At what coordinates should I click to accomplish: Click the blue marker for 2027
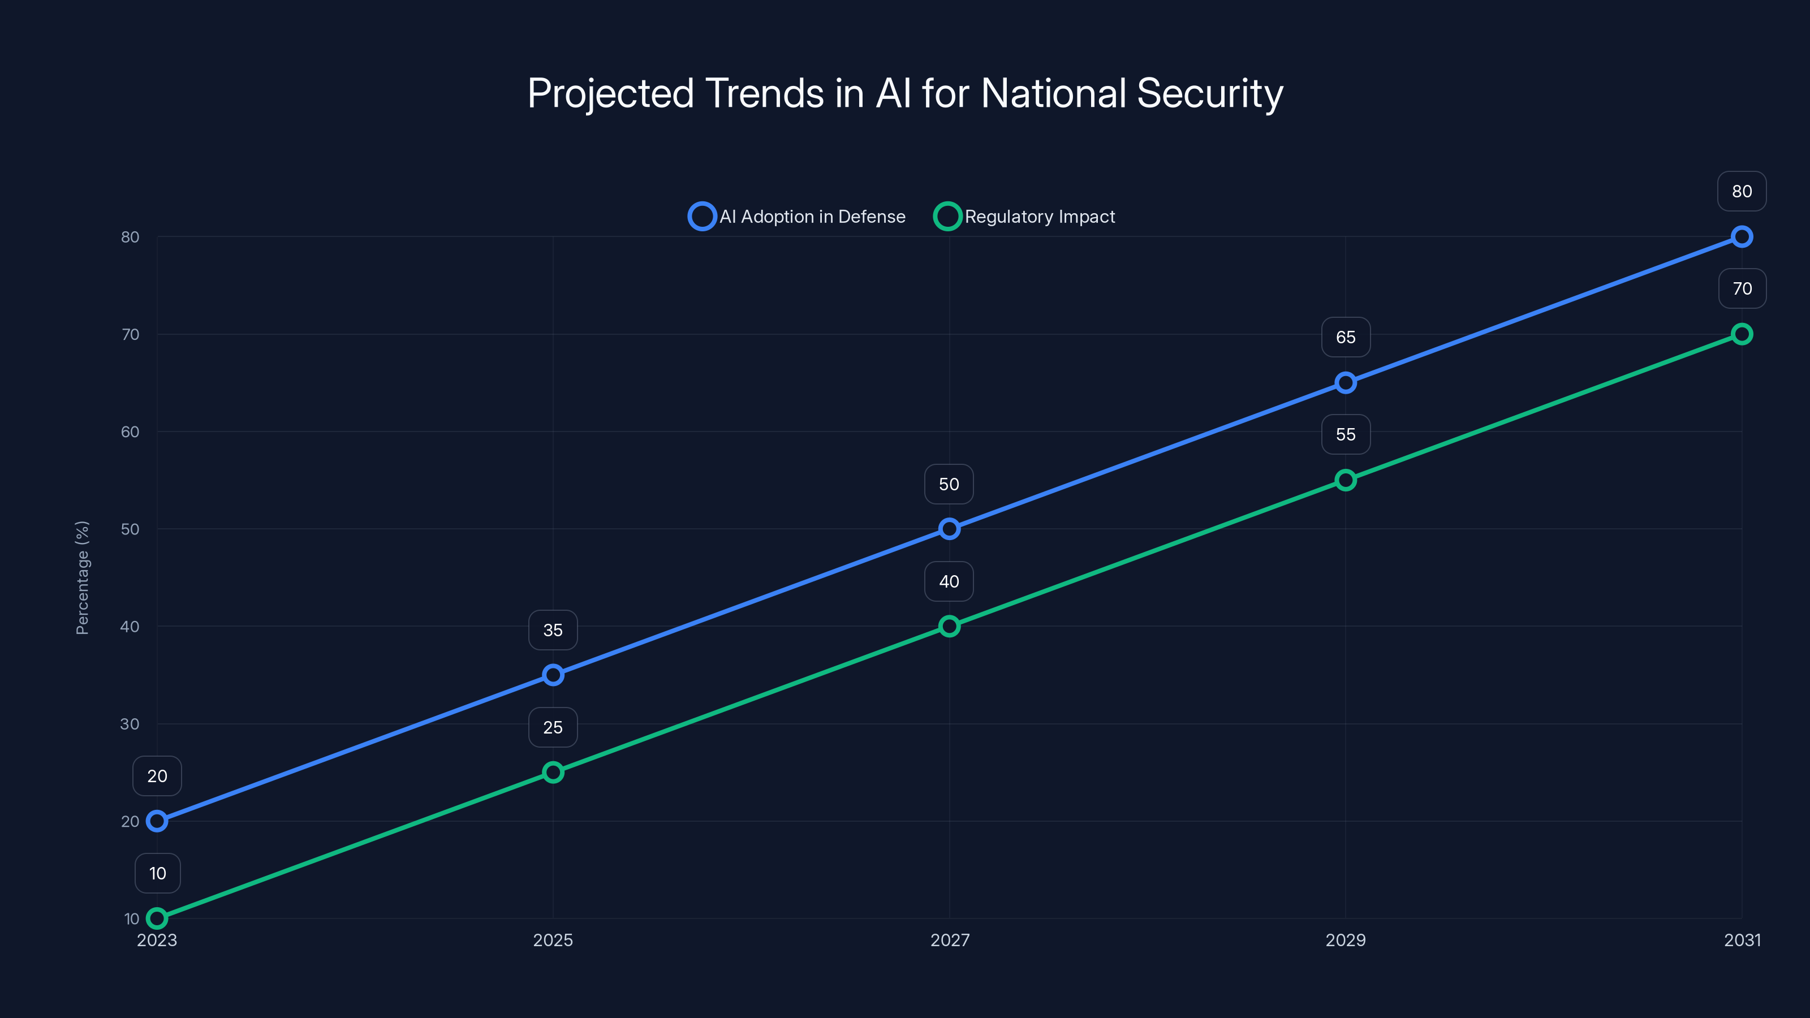(x=949, y=529)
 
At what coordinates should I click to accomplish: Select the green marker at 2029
(x=1346, y=481)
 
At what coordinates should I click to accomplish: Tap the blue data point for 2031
(x=1742, y=237)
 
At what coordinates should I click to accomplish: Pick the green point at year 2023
(x=157, y=918)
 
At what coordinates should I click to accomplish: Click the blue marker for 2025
(x=553, y=675)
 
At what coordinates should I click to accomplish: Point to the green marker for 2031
(x=1742, y=334)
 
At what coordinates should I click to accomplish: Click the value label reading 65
(x=1346, y=337)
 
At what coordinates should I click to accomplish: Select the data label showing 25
(x=553, y=727)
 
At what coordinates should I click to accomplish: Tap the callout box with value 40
(x=949, y=582)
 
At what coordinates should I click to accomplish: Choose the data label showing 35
(x=553, y=630)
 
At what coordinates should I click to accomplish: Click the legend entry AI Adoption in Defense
(x=798, y=217)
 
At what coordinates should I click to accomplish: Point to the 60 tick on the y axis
(x=130, y=432)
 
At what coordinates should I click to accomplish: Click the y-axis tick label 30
(x=130, y=724)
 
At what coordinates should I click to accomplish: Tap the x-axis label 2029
(x=1346, y=940)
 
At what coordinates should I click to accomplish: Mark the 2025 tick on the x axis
(x=553, y=940)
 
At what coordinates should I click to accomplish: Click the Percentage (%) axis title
(x=82, y=577)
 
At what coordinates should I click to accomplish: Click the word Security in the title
(x=1209, y=93)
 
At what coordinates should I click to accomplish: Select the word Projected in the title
(x=611, y=93)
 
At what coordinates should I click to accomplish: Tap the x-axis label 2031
(x=1742, y=940)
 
